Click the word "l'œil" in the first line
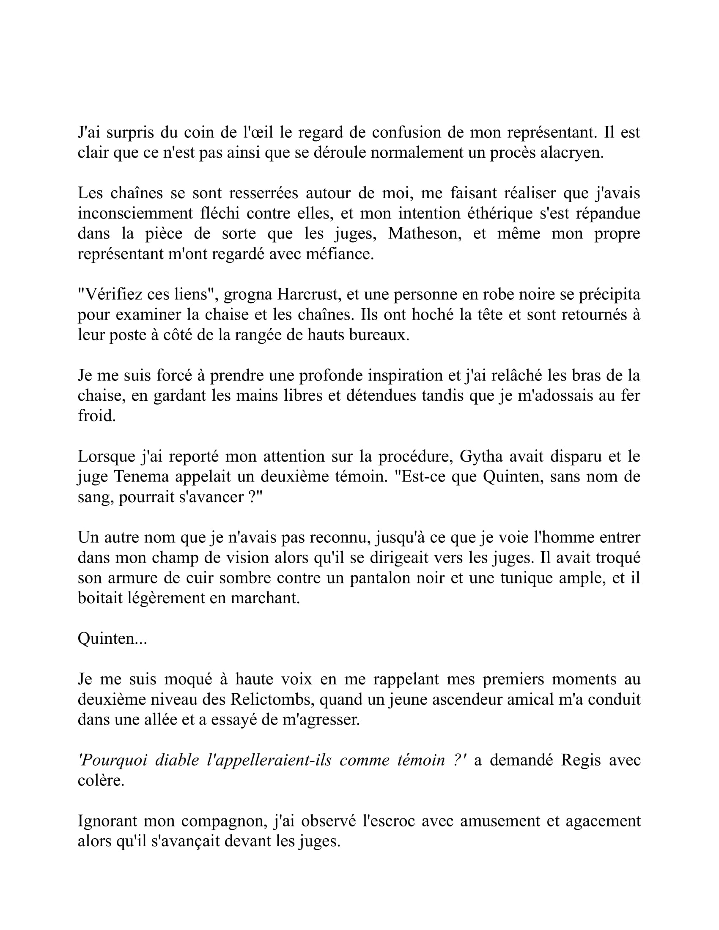click(x=258, y=132)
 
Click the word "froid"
click(x=96, y=416)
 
